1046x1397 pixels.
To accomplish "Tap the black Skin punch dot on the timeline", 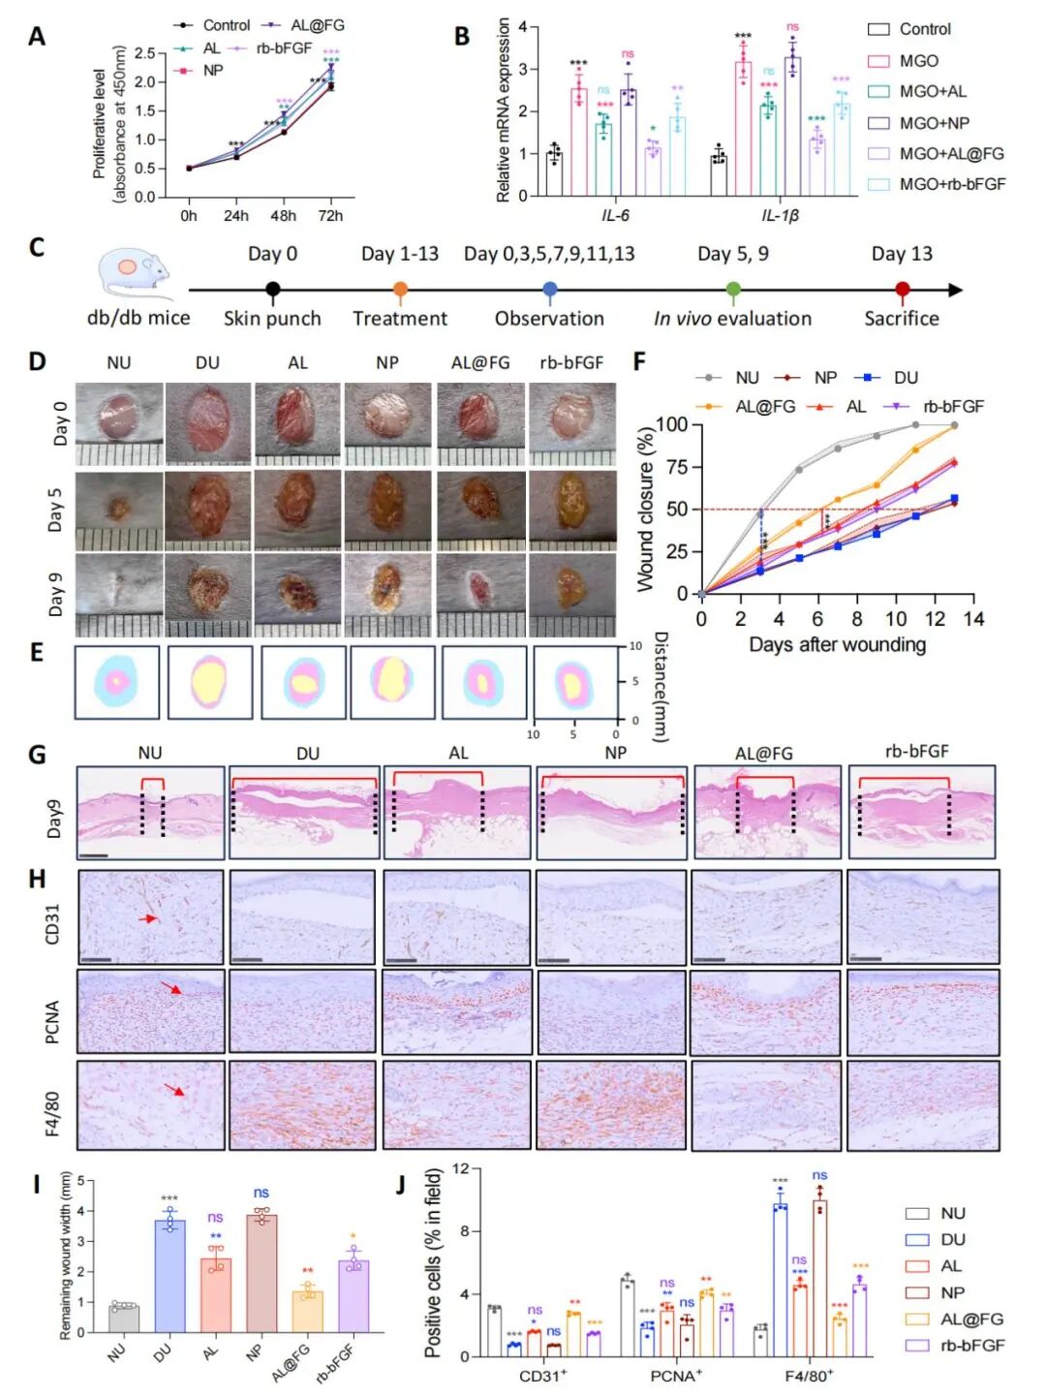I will [273, 289].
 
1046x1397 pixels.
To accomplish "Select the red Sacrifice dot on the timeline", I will [902, 289].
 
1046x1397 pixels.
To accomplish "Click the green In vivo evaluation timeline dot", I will [733, 289].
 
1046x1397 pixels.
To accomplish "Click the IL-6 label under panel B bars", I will [615, 215].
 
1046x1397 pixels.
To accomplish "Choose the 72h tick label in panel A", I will [330, 215].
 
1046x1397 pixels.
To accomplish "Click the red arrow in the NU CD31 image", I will [148, 917].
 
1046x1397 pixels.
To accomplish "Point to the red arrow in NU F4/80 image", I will [175, 1091].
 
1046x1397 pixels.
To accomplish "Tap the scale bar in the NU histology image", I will [93, 855].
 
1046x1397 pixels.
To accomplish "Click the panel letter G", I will [37, 754].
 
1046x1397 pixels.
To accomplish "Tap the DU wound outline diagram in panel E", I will [209, 682].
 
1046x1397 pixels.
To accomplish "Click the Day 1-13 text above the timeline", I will [399, 254].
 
